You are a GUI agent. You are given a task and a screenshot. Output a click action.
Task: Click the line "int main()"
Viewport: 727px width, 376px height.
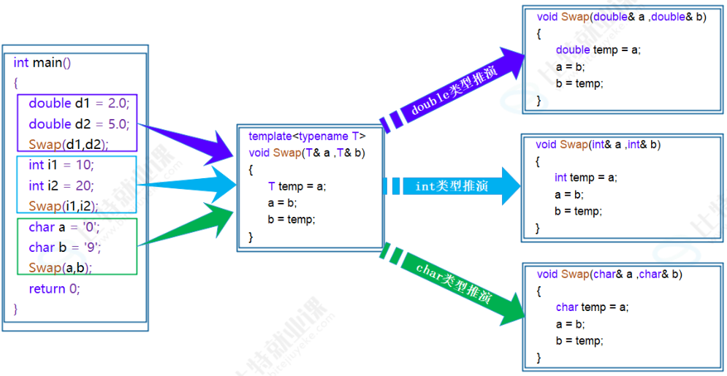[42, 63]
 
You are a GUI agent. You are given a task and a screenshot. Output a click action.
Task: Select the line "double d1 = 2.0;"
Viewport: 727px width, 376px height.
[78, 104]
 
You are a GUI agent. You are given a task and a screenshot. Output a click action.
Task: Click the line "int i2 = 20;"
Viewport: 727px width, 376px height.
[61, 185]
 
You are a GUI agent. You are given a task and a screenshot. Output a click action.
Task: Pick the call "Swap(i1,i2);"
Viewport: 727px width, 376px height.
[65, 206]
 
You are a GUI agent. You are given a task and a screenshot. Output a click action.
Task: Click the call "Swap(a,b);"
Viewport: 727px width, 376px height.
[60, 268]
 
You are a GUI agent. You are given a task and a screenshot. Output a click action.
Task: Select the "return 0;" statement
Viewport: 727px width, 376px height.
[54, 288]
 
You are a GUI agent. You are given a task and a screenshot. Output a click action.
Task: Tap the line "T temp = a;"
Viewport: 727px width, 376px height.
[297, 186]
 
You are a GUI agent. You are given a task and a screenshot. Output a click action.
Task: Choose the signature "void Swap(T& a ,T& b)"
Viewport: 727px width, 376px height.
[306, 153]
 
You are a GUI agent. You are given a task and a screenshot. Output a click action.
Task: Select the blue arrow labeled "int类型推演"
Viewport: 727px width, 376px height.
[453, 186]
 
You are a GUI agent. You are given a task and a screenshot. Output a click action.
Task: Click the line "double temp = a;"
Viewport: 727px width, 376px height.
[598, 50]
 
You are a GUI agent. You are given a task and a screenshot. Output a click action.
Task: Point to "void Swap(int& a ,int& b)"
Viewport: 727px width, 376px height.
[598, 145]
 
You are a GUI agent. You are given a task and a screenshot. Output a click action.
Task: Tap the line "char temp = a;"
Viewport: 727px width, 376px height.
[592, 307]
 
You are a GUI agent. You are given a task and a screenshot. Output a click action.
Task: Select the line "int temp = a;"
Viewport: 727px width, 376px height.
[585, 177]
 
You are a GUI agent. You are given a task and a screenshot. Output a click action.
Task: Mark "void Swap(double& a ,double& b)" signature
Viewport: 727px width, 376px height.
[621, 17]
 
